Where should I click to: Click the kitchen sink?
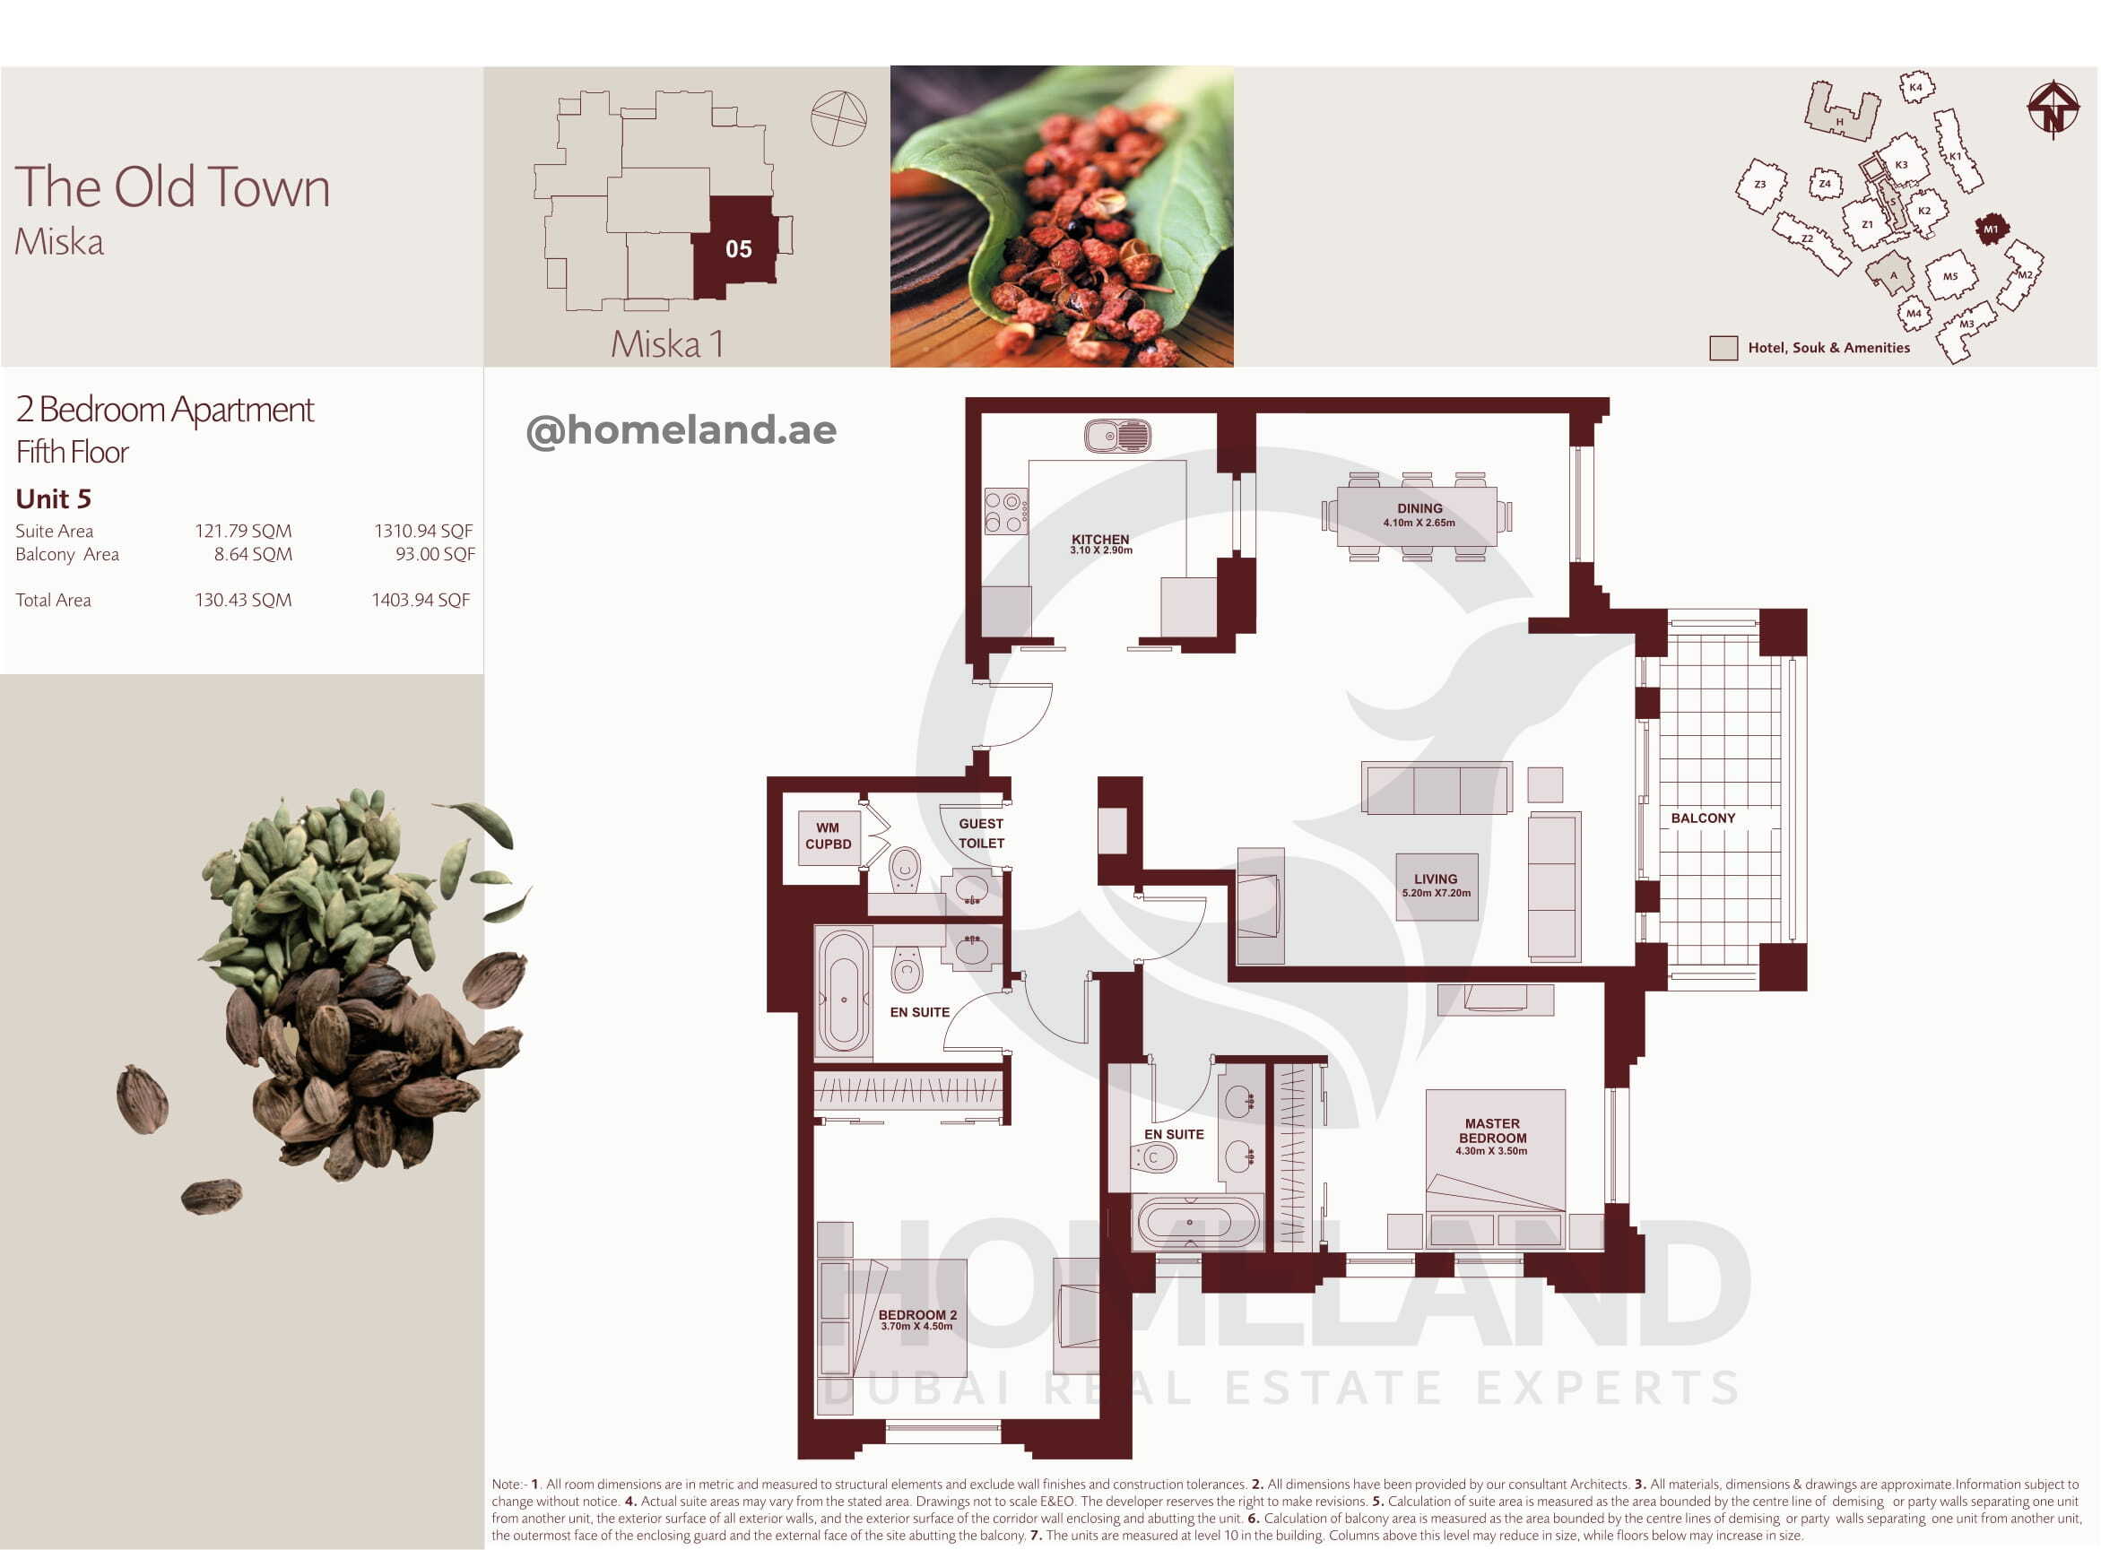[1116, 436]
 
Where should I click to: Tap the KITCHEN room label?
[1100, 543]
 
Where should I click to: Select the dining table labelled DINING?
[1417, 516]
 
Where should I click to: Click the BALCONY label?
[1703, 818]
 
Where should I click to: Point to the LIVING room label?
[1436, 886]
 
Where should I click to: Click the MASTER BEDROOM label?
[1492, 1136]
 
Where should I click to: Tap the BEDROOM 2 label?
[916, 1320]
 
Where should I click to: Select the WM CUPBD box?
[828, 836]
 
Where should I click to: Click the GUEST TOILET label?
[981, 833]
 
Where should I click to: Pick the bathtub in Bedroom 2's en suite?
[844, 992]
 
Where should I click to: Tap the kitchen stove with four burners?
[1006, 511]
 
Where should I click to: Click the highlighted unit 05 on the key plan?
[735, 247]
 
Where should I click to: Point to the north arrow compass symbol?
[2053, 109]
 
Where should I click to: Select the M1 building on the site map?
[1992, 229]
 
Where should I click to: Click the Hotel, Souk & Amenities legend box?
[1723, 348]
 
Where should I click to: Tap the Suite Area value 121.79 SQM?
[243, 531]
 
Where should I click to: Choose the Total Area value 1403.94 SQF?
[421, 600]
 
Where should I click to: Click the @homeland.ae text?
[682, 430]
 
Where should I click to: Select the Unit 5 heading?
[54, 498]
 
